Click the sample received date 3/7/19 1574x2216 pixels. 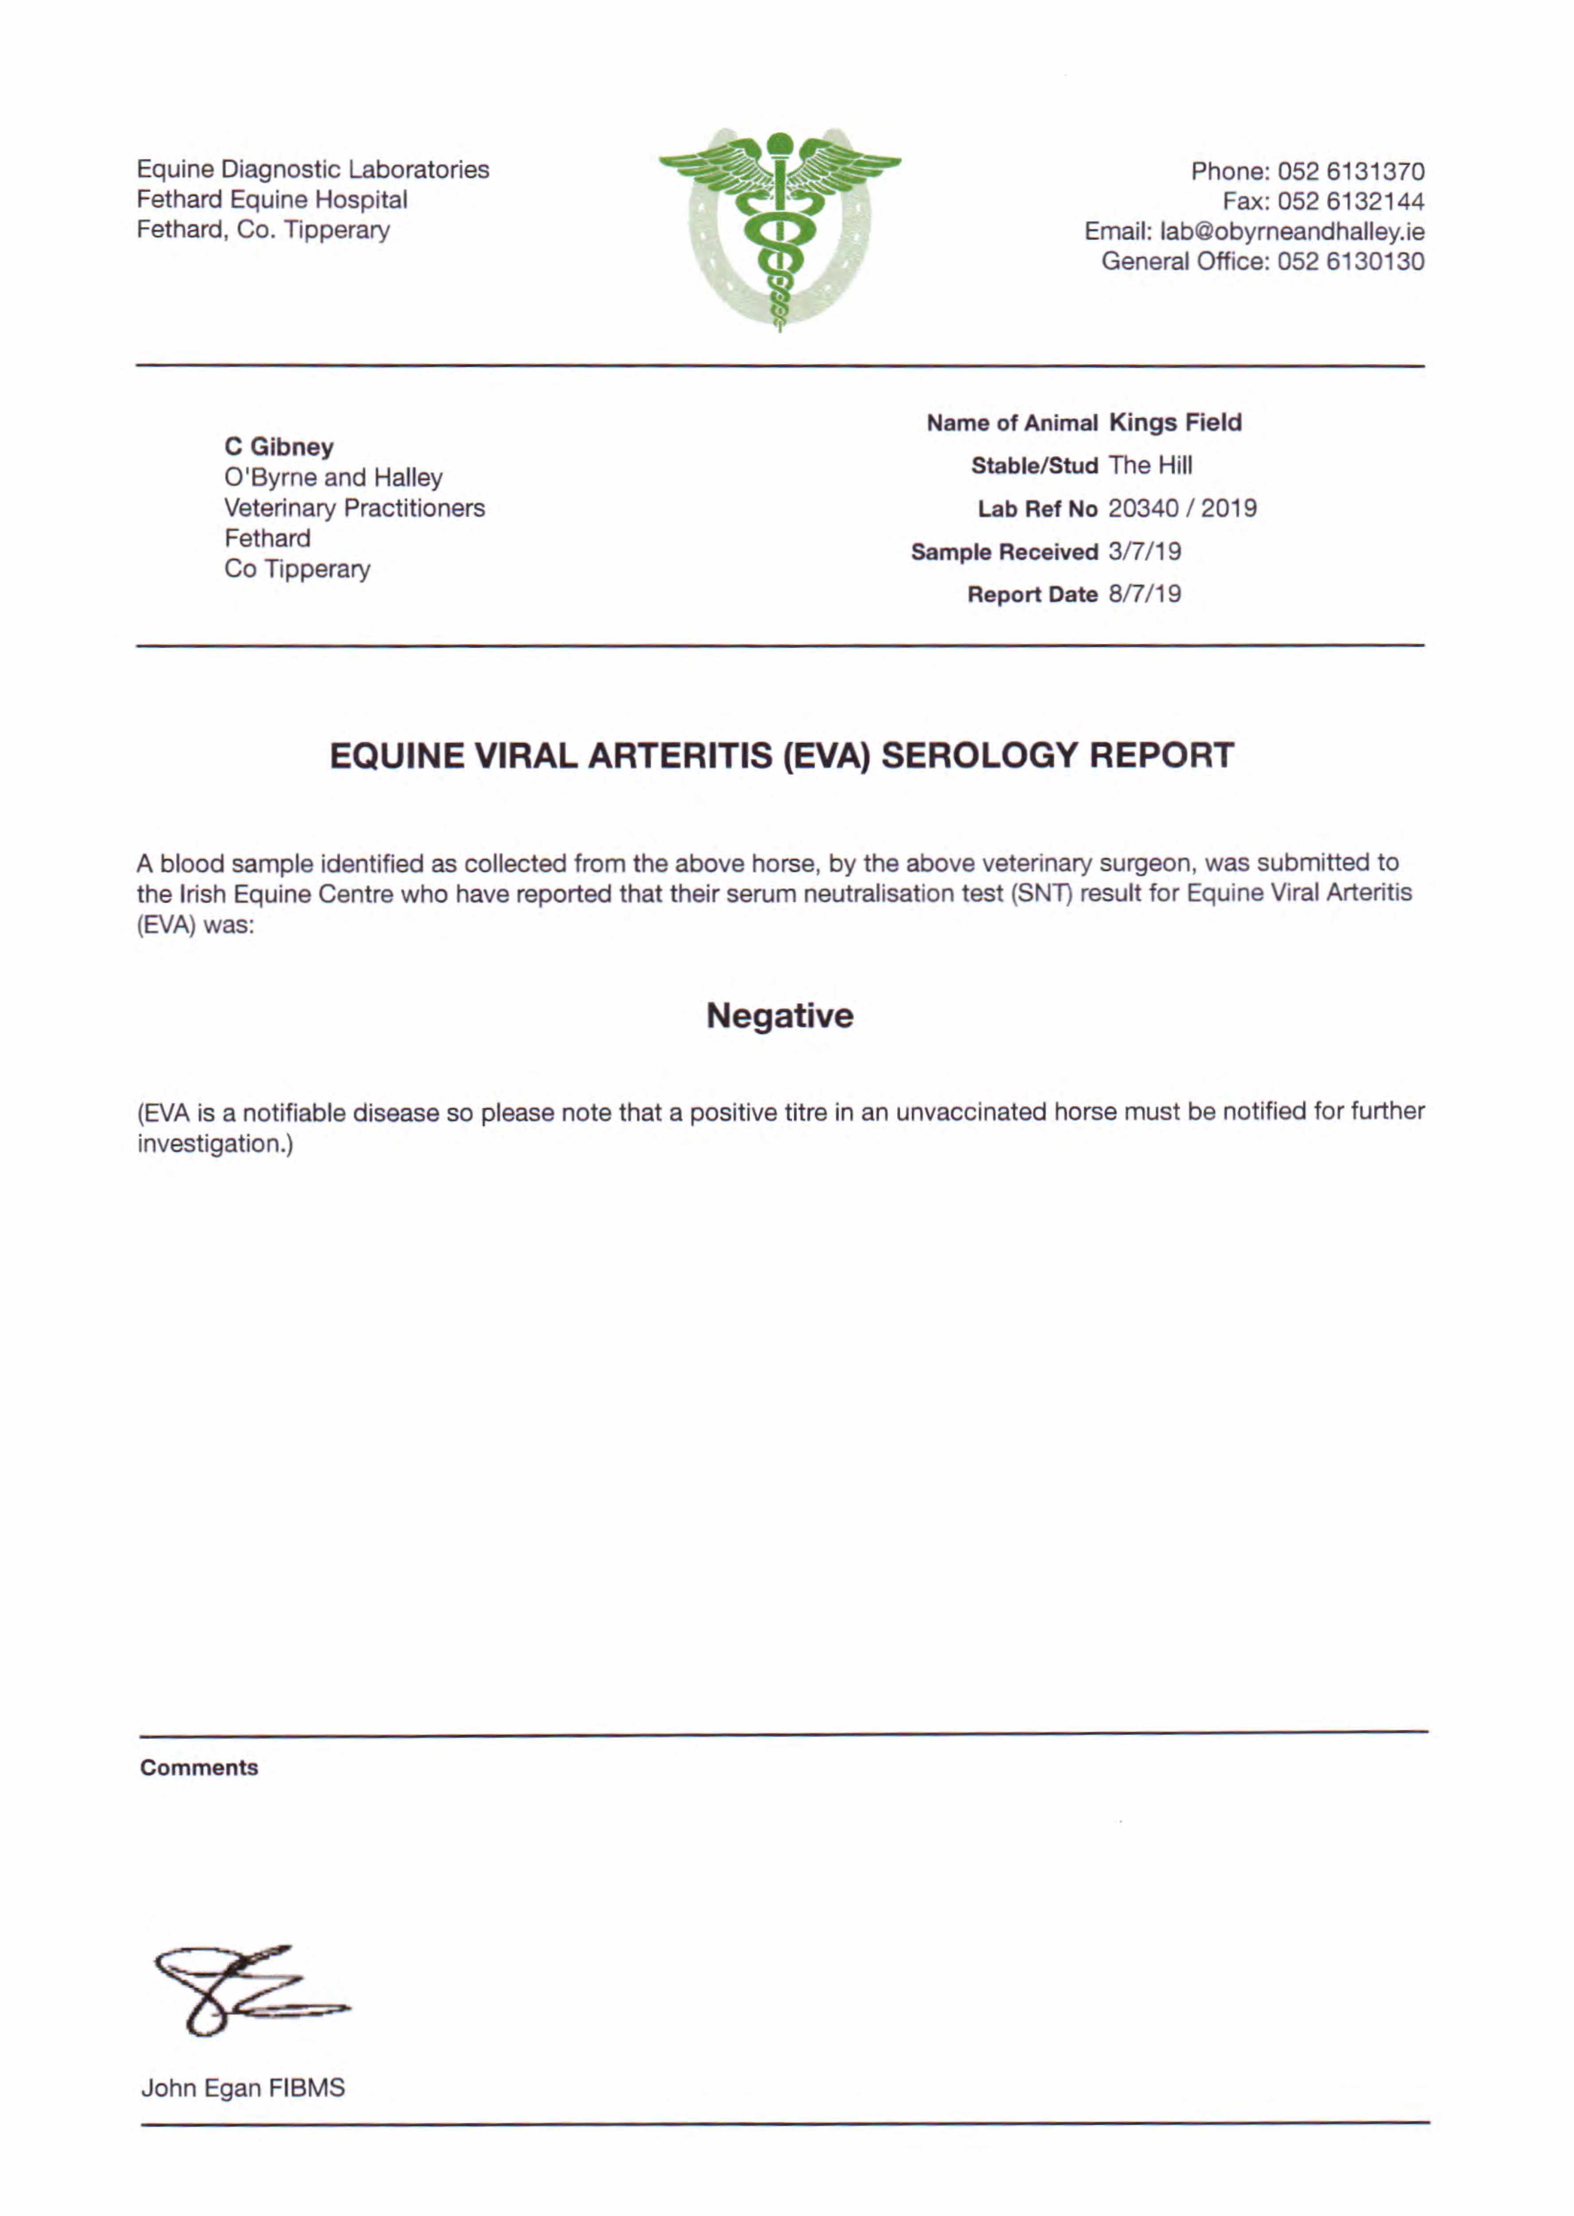pos(1144,551)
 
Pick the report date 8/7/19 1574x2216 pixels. pos(1144,594)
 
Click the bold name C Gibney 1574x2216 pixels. pos(279,447)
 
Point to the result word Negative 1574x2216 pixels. pos(779,1015)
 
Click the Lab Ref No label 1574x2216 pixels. pos(1037,509)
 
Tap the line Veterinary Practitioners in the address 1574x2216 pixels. pos(354,508)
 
